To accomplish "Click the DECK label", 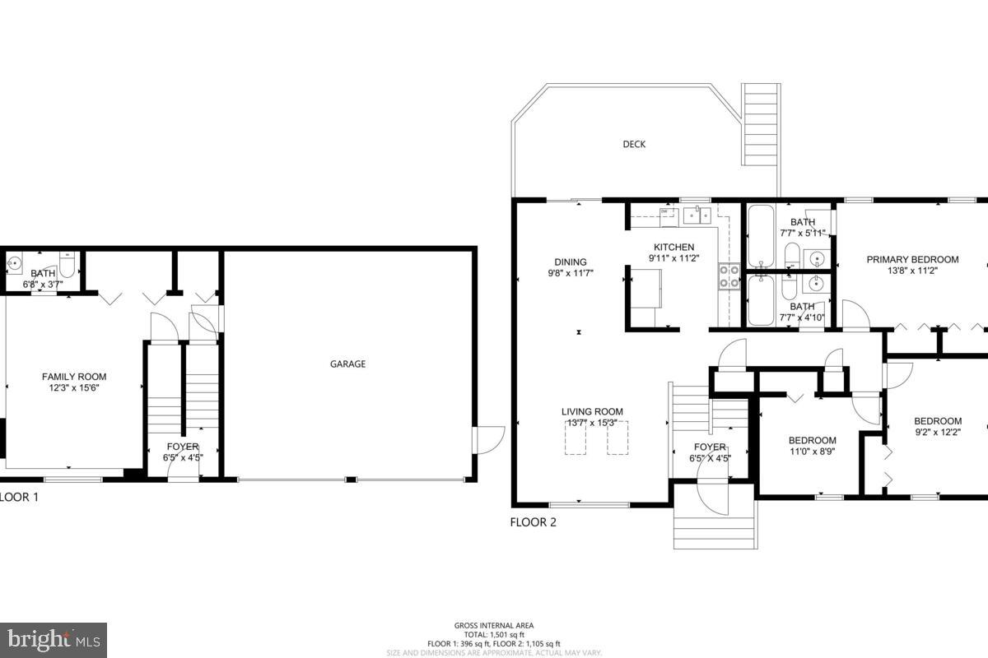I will (x=633, y=144).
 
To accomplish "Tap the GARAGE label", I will (x=347, y=364).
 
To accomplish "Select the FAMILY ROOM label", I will (x=74, y=377).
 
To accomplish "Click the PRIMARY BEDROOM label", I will (x=912, y=259).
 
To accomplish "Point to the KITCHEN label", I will (x=673, y=247).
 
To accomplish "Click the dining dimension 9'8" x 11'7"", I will (x=571, y=272).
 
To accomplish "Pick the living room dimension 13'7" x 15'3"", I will (x=592, y=423).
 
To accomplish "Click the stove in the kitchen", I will (x=729, y=276).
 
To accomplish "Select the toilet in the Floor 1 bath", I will (x=68, y=262).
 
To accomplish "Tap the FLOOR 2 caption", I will (x=533, y=521).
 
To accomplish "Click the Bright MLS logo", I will (x=54, y=639).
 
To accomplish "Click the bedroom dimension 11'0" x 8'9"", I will (x=812, y=451).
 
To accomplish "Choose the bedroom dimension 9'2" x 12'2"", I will (x=937, y=431).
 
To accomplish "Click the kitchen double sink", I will (x=697, y=215).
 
